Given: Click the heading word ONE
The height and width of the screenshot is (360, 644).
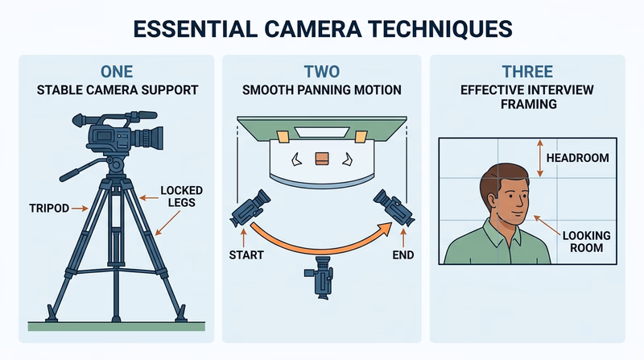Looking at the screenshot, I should pos(118,72).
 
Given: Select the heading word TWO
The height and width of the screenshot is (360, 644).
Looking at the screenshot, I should pos(322,72).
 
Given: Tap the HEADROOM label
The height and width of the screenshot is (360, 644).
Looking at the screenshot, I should pos(574,158).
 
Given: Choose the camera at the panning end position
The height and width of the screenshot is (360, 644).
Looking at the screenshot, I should pos(394,208).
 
